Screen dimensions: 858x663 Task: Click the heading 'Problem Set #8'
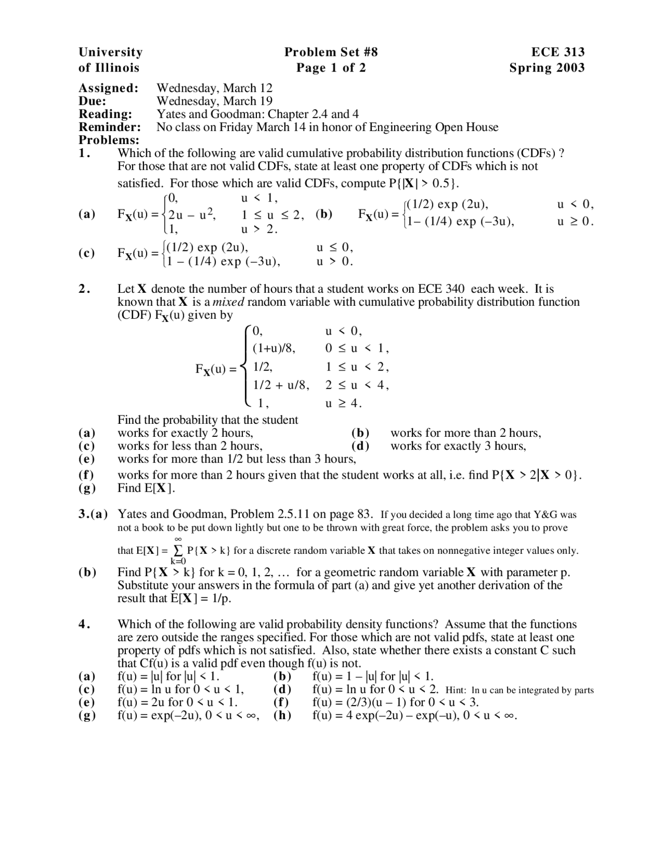pyautogui.click(x=331, y=52)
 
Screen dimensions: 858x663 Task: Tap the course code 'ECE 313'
pyautogui.click(x=558, y=52)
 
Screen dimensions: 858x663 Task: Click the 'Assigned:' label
pyautogui.click(x=108, y=88)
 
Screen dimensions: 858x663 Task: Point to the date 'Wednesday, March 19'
pyautogui.click(x=214, y=101)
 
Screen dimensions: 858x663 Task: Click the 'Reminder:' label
pyautogui.click(x=109, y=127)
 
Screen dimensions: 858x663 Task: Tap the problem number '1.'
pyautogui.click(x=84, y=153)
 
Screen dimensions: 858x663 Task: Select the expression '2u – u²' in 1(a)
pyautogui.click(x=192, y=214)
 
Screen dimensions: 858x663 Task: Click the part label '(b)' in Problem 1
pyautogui.click(x=324, y=214)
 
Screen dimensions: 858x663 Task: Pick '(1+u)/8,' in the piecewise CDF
pyautogui.click(x=273, y=349)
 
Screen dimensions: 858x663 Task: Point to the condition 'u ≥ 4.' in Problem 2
pyautogui.click(x=343, y=403)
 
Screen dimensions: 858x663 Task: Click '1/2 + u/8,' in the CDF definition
pyautogui.click(x=280, y=385)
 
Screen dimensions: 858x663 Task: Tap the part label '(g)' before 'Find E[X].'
pyautogui.click(x=87, y=488)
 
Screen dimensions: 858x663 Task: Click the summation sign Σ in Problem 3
pyautogui.click(x=178, y=550)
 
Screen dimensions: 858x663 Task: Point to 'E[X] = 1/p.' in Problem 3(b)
pyautogui.click(x=200, y=598)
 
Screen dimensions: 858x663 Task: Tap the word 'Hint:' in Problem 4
pyautogui.click(x=456, y=691)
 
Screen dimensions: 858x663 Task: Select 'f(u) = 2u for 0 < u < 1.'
pyautogui.click(x=178, y=703)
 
